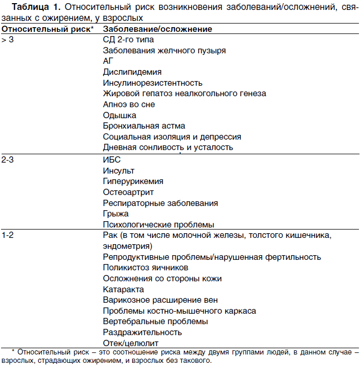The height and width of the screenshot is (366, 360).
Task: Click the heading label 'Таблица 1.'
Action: tap(32, 7)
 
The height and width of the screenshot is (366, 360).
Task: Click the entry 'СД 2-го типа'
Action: tap(128, 40)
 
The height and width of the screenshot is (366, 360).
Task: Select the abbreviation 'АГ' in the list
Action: tap(108, 61)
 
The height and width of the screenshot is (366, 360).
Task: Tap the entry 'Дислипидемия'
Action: tap(132, 72)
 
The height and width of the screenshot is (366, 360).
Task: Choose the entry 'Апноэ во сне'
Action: tap(129, 105)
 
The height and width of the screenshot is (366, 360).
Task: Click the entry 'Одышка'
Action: tap(120, 115)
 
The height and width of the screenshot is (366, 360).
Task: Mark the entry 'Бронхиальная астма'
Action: tap(144, 126)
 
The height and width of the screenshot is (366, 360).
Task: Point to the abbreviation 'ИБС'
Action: tap(112, 159)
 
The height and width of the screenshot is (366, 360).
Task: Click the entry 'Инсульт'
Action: tap(119, 170)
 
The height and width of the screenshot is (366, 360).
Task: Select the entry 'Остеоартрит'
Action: tap(128, 192)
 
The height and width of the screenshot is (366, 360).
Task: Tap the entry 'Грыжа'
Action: tap(115, 213)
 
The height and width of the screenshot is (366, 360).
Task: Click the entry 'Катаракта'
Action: tap(123, 289)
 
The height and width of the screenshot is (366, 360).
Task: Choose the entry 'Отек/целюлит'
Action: tap(131, 343)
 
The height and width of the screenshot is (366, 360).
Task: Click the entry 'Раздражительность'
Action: tap(142, 332)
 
